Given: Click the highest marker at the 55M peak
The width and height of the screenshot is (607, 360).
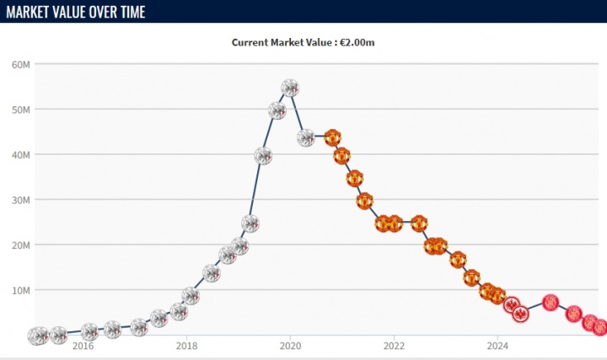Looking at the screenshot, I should click(x=289, y=88).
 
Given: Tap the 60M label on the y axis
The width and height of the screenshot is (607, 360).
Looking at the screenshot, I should click(x=21, y=64).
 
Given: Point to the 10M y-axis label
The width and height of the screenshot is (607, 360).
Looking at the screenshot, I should click(x=21, y=290).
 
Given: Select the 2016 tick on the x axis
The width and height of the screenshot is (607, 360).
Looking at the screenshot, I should click(x=83, y=345).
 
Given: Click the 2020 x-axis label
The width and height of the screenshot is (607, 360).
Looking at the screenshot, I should click(x=290, y=345).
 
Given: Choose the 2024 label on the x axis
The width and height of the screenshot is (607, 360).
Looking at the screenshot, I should click(x=497, y=345).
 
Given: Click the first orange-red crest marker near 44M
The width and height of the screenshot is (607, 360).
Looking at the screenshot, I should click(x=332, y=137).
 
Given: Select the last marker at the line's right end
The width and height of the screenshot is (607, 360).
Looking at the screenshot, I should click(x=599, y=328).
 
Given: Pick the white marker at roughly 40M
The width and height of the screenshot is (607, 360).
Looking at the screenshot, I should click(x=263, y=156).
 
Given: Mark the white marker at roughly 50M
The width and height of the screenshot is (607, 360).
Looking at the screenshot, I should click(x=277, y=110).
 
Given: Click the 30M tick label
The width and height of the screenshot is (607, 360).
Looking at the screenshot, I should click(x=21, y=200).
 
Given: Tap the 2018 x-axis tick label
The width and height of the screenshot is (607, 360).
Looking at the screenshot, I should click(x=187, y=345).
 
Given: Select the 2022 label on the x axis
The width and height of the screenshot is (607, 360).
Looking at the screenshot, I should click(x=394, y=345).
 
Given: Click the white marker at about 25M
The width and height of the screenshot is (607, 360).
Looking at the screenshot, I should click(x=250, y=223).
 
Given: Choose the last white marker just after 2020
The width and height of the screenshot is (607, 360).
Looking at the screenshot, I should click(x=306, y=137).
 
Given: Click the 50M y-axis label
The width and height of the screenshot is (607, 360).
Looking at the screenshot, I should click(x=21, y=110).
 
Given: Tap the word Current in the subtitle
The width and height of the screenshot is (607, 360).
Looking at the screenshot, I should click(x=250, y=42).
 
